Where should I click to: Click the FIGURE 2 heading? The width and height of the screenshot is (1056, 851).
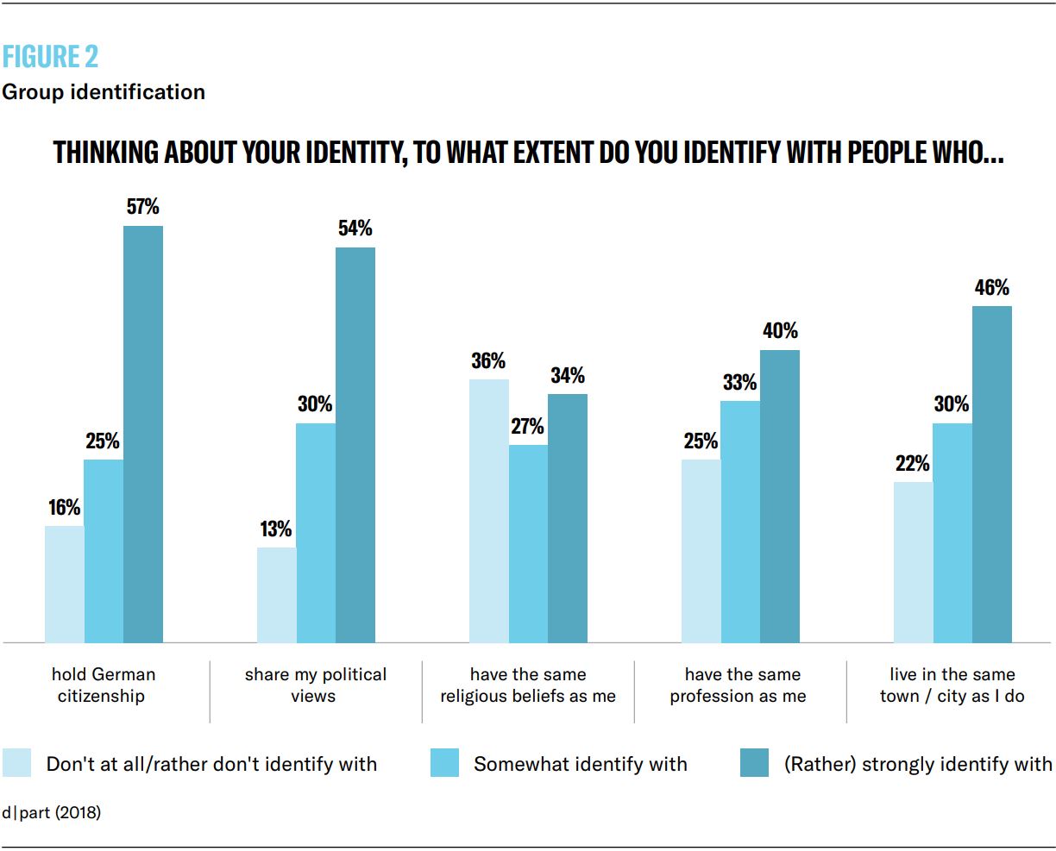coord(50,57)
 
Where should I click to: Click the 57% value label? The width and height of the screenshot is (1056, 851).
coord(143,207)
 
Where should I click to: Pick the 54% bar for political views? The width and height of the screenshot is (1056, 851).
coord(355,445)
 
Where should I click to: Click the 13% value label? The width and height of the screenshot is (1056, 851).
coord(276,529)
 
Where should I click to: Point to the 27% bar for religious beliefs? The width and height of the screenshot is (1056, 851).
coord(528,543)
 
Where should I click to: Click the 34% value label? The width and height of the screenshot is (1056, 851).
coord(568,375)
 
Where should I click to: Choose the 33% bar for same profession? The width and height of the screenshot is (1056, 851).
coord(740,522)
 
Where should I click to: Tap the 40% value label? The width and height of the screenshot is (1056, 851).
coord(780,331)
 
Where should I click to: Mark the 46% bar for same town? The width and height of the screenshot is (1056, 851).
coord(992,474)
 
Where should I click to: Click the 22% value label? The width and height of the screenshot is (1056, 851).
coord(913,464)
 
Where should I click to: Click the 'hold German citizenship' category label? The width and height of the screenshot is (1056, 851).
coord(103,685)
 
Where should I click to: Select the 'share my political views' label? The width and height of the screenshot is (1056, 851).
coord(315,685)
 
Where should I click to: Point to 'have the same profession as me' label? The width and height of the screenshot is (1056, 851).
coord(739,685)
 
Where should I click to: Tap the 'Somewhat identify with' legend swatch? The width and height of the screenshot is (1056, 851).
coord(445,763)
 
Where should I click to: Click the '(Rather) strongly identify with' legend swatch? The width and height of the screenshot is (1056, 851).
coord(754,763)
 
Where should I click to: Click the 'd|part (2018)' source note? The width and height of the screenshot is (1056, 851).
coord(51,812)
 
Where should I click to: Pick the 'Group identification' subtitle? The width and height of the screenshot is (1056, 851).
coord(104,92)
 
